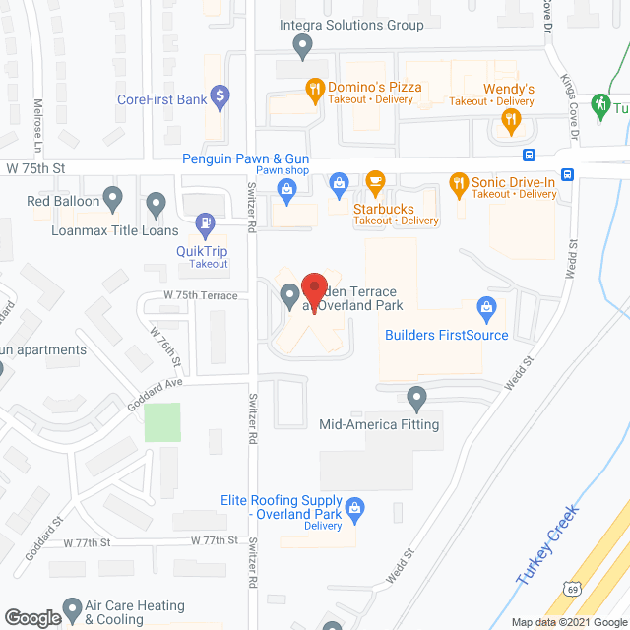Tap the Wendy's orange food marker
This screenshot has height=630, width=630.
(x=510, y=121)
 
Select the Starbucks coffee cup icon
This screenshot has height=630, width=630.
(x=374, y=181)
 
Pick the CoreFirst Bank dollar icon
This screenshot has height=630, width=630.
(x=220, y=96)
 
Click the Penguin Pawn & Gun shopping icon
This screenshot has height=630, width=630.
(x=339, y=181)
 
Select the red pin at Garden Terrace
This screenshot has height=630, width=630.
(x=313, y=289)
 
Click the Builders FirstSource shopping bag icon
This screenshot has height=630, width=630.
(x=485, y=308)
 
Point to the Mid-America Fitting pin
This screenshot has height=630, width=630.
(x=416, y=399)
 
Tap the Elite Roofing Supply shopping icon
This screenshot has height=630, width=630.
(x=356, y=509)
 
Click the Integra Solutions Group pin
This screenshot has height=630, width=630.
(x=303, y=44)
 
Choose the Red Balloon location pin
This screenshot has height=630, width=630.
(x=112, y=201)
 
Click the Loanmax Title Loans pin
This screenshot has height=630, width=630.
(x=156, y=205)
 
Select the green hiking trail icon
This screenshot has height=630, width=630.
(x=600, y=104)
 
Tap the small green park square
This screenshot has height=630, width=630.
(x=164, y=422)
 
